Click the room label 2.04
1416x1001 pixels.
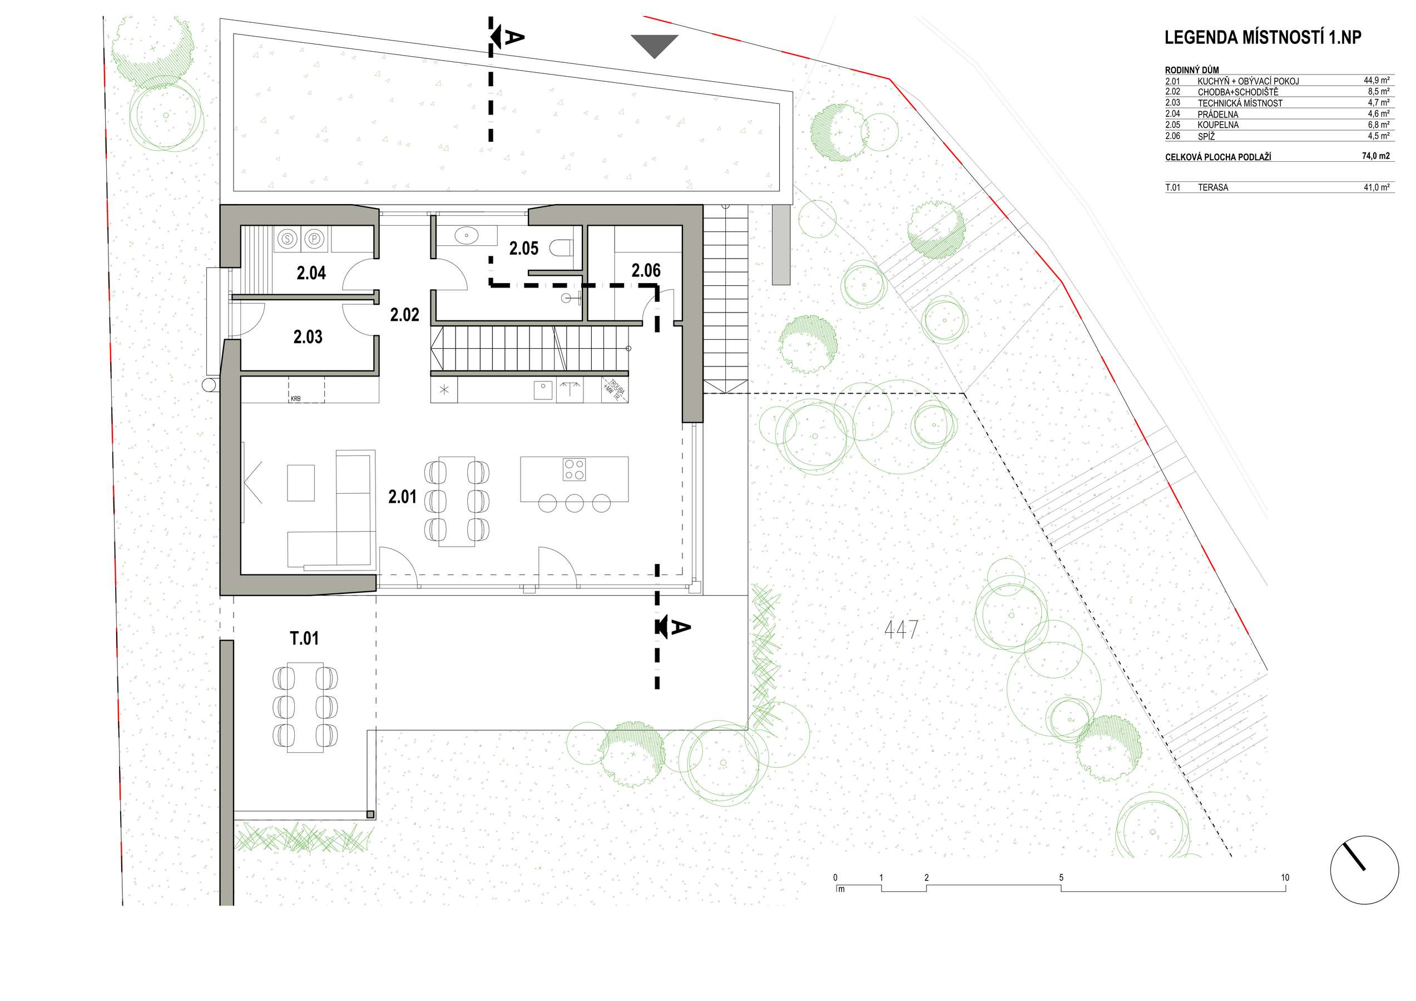[311, 273]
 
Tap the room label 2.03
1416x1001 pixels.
[308, 338]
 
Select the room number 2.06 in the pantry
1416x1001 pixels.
[646, 271]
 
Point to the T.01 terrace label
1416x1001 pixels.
[305, 638]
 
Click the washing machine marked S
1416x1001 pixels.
[288, 239]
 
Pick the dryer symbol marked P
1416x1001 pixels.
[315, 239]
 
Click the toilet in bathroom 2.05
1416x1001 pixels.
[560, 248]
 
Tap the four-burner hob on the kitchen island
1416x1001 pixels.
[574, 469]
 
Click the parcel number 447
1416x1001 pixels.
[901, 630]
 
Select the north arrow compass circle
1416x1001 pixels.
[1364, 870]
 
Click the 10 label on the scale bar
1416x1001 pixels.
[1285, 878]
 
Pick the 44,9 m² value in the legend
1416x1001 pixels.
[1377, 80]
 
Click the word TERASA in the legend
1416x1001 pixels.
[1212, 187]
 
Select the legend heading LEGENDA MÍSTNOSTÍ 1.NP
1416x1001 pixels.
[1263, 38]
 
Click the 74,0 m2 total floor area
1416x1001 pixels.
[1376, 156]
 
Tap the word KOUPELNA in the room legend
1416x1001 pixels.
[1218, 125]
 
